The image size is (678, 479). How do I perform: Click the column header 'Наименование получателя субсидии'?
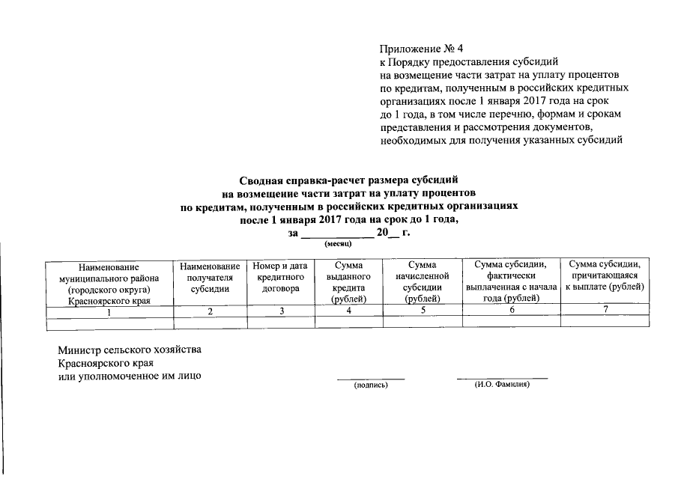(x=211, y=278)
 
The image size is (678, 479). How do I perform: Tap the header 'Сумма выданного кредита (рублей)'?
(x=348, y=282)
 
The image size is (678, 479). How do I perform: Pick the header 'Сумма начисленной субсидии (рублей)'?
(x=421, y=282)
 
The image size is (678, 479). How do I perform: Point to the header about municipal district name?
(x=109, y=283)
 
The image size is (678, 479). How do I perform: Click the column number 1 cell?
(x=109, y=311)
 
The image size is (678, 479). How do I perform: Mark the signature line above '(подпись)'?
(x=371, y=379)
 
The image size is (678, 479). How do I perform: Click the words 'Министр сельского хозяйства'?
(x=130, y=350)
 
